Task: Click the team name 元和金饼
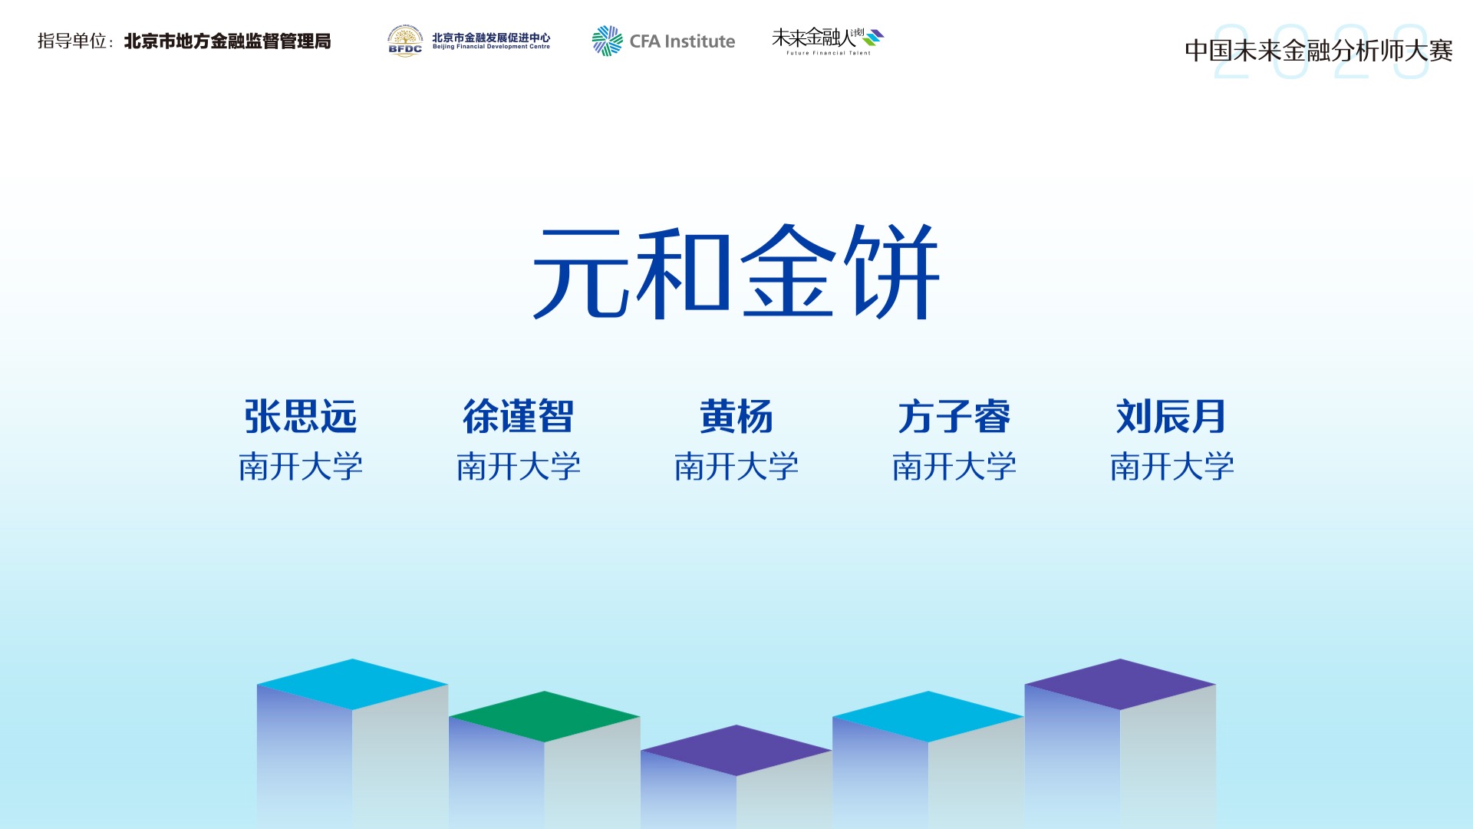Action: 736,272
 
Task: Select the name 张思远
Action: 301,417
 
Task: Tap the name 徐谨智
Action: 519,417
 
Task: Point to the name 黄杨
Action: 736,417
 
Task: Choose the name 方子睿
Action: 954,417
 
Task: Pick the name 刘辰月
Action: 1171,417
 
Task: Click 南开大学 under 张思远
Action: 301,466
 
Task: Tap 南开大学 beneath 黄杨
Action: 736,466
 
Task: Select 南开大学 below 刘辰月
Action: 1172,466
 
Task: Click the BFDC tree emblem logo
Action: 405,41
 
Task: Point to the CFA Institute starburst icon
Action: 607,41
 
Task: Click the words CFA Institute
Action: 682,41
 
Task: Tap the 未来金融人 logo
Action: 828,41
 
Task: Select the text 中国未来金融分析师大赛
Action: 1319,51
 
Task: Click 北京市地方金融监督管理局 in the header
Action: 228,41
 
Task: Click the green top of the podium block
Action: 545,716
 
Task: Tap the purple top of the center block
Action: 736,750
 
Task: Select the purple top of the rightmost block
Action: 1120,684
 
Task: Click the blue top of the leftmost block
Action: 353,684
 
